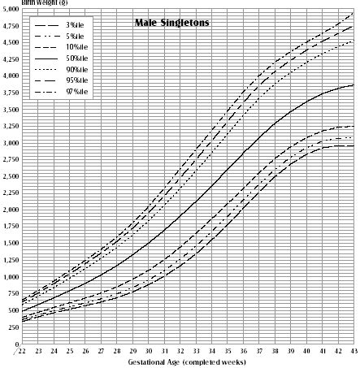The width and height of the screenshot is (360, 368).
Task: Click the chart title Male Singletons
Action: [171, 24]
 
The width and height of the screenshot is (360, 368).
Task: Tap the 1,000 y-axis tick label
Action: [10, 277]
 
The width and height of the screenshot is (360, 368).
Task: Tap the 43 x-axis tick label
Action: [353, 350]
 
